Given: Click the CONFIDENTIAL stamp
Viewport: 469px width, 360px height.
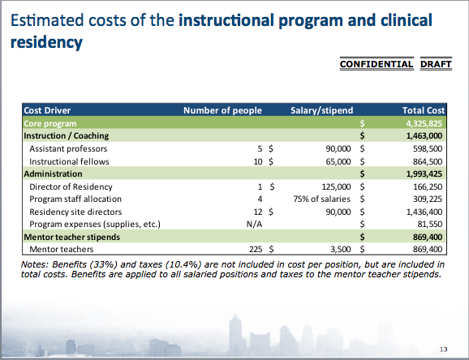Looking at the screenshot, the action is [x=376, y=64].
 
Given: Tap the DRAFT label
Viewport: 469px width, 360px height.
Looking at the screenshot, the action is [x=436, y=64].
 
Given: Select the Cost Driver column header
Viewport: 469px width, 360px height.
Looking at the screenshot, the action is [x=47, y=110].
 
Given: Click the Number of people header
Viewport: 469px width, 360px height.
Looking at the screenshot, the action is [x=222, y=110].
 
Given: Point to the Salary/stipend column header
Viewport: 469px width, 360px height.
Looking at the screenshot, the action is [x=322, y=110].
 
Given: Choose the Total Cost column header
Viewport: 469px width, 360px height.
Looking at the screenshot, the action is [x=424, y=110].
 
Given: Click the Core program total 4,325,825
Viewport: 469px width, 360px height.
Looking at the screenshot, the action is [x=424, y=123].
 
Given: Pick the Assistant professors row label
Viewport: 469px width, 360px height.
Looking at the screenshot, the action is [x=68, y=148].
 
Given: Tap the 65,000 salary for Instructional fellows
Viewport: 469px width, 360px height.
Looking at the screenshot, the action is [x=338, y=162].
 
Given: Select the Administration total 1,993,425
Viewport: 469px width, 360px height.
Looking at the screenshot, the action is [x=424, y=174].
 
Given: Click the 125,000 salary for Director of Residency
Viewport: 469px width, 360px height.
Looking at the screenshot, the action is [x=336, y=186].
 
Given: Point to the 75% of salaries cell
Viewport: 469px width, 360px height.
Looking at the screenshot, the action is [x=322, y=199].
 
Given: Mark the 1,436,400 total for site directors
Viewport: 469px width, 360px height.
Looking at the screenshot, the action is [x=424, y=212].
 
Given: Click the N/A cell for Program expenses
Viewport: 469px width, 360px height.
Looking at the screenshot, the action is [x=254, y=224].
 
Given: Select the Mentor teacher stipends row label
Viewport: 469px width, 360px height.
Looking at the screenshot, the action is [x=71, y=237].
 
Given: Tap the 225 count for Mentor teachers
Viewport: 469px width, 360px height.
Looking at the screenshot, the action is [x=256, y=249].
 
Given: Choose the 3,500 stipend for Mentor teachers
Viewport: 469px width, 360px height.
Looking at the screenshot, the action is [x=341, y=249].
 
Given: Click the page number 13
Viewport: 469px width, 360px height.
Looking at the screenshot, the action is [x=444, y=349].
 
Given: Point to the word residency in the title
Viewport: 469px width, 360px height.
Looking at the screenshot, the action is [x=46, y=42].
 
